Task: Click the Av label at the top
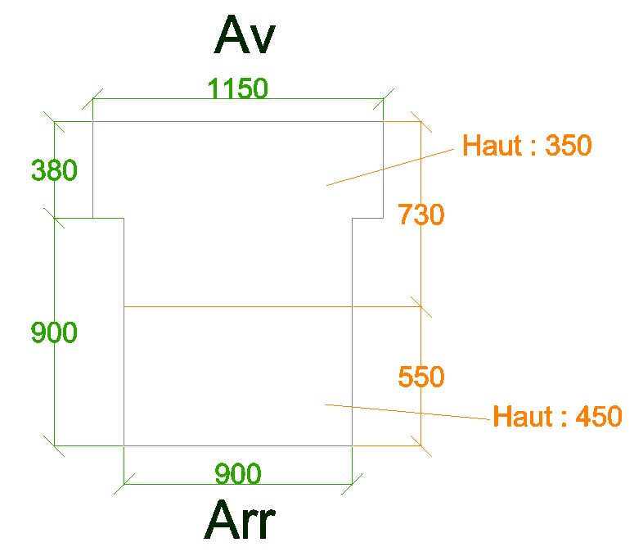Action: (x=245, y=37)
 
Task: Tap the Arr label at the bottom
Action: (x=240, y=521)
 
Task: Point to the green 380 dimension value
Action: (x=54, y=171)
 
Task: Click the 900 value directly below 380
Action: (x=54, y=333)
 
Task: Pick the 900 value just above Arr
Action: (x=237, y=474)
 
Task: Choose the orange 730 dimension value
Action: (x=420, y=215)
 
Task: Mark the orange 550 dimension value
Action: (x=420, y=377)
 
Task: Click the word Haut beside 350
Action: (x=492, y=146)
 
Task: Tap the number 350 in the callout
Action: (x=568, y=146)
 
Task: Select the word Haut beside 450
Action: (x=522, y=417)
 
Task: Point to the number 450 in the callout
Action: (x=599, y=417)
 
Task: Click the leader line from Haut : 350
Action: (x=389, y=168)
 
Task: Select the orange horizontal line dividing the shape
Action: (x=270, y=307)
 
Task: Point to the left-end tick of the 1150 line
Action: (x=92, y=100)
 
